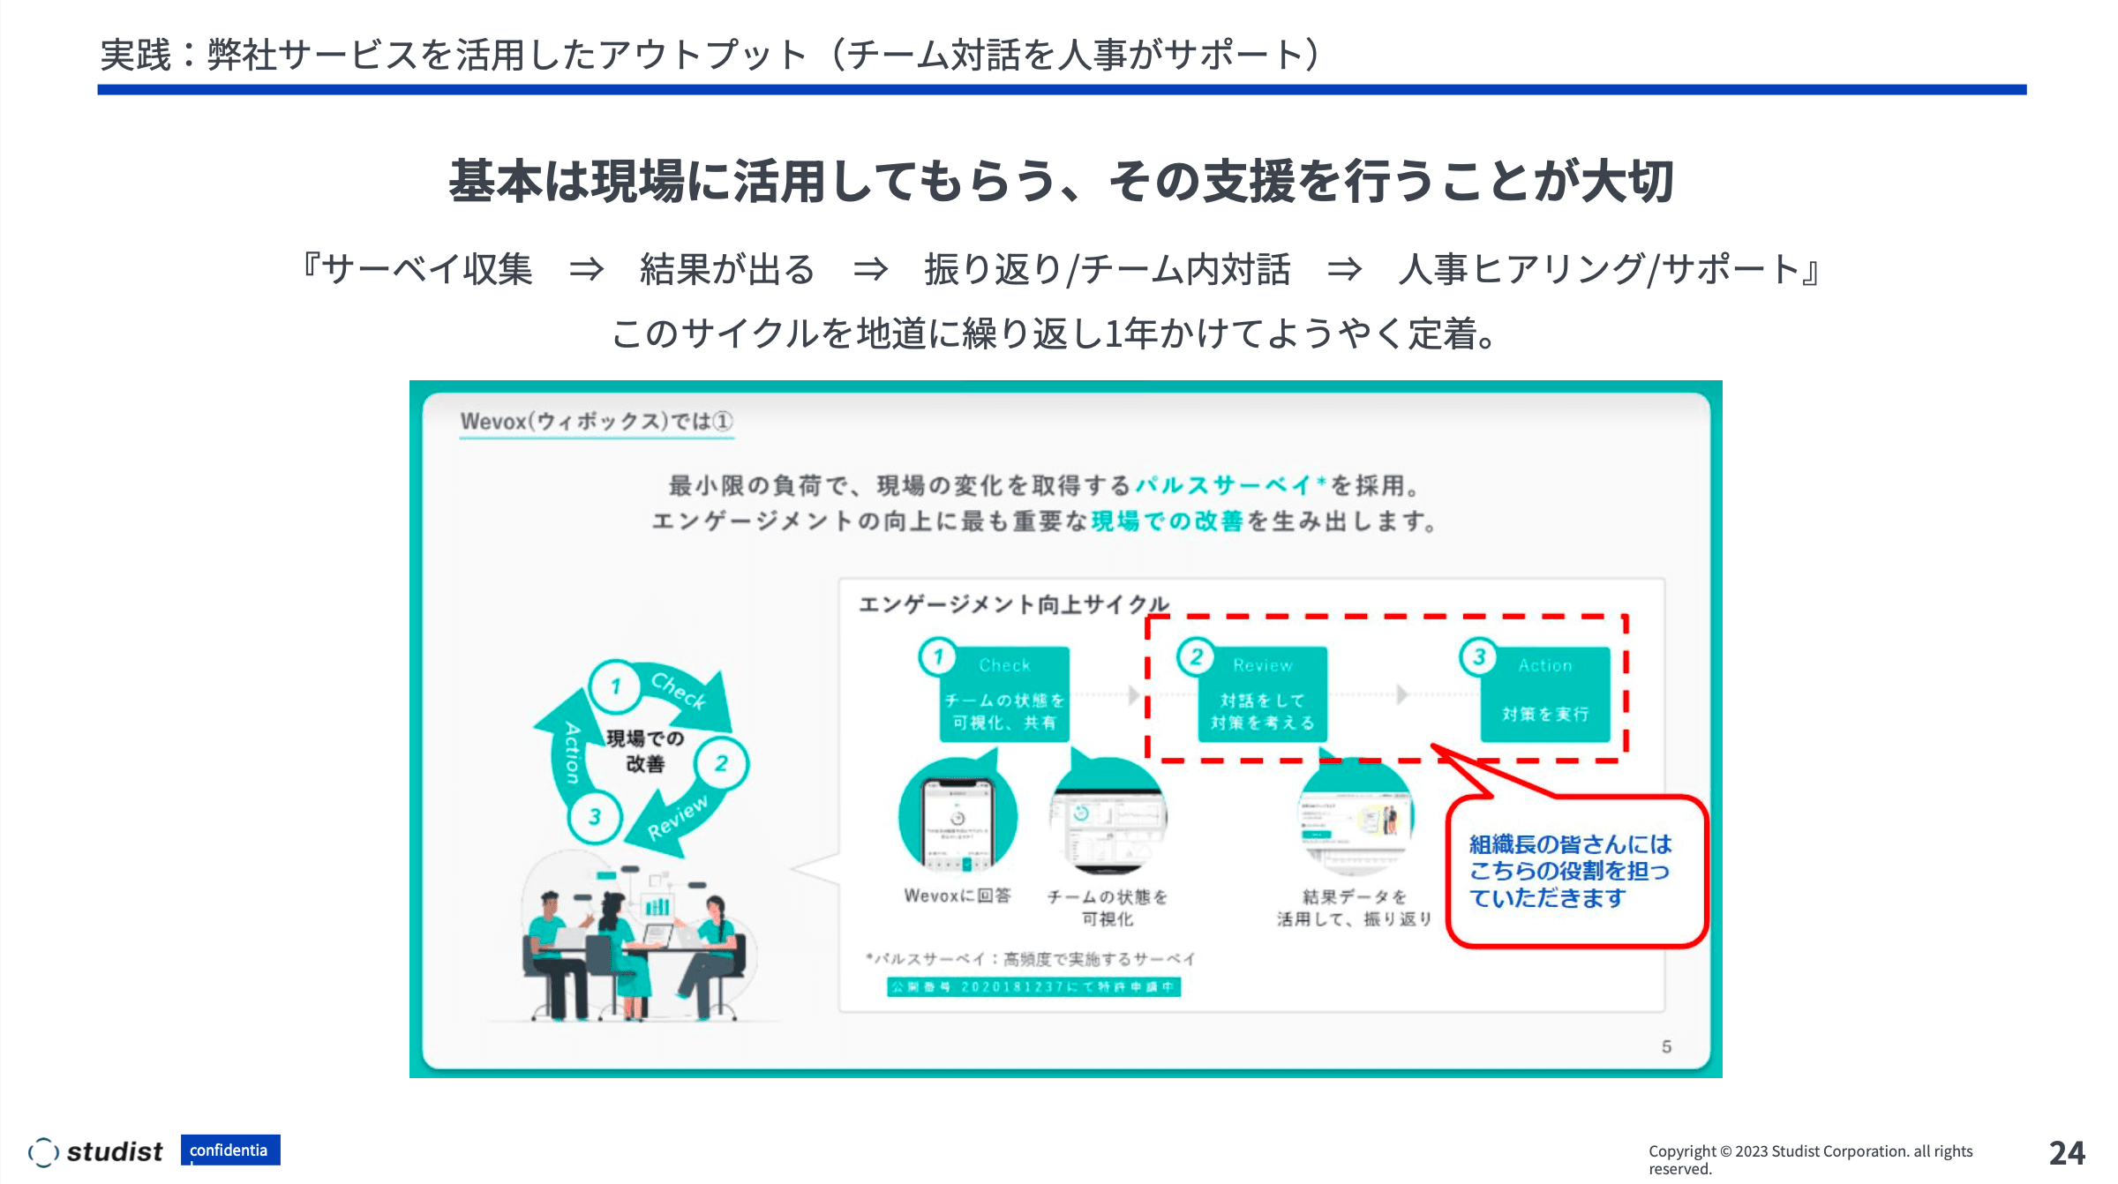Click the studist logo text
114,1151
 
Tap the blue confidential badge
230,1150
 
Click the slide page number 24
2066,1153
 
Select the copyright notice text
1809,1159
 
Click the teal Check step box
1004,694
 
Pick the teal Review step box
1262,694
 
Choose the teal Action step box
1544,694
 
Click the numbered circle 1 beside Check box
937,656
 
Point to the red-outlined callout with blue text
1574,871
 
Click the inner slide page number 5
1666,1046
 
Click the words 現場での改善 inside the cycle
645,751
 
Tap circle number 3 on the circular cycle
595,817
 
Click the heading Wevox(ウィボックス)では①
597,422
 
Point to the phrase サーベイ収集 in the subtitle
427,269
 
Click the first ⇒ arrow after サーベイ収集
586,269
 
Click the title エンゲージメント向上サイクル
1014,604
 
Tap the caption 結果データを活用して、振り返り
1354,908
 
